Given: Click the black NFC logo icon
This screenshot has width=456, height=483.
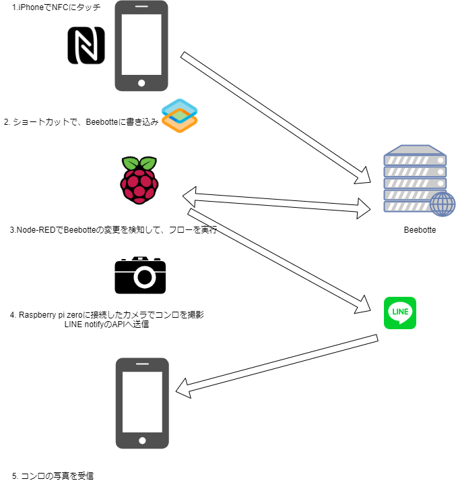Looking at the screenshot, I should click(x=86, y=46).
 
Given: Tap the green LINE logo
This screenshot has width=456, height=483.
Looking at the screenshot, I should click(x=400, y=313).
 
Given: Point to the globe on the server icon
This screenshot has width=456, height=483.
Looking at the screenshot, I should click(x=442, y=204).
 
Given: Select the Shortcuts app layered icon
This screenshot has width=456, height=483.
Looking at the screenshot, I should click(x=179, y=115).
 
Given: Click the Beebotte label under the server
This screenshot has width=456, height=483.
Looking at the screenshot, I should click(x=420, y=230).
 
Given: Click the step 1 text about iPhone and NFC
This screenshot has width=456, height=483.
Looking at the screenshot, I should click(x=57, y=7).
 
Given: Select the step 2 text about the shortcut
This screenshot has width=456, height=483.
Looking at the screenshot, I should click(x=81, y=122).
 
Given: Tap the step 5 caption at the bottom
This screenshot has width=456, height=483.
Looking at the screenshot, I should click(x=53, y=476).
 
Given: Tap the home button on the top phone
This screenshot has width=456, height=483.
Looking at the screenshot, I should click(x=141, y=84).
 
